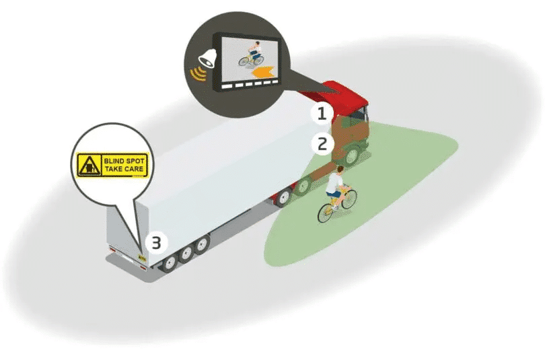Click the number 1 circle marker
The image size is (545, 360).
pos(322,113)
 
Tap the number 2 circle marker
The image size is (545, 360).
pos(322,143)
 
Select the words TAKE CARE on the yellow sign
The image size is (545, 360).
pos(123,169)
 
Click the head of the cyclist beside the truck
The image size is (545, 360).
pos(340,170)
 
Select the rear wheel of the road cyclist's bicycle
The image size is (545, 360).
pos(325,213)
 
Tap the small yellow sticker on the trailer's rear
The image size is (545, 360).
pos(142,255)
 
